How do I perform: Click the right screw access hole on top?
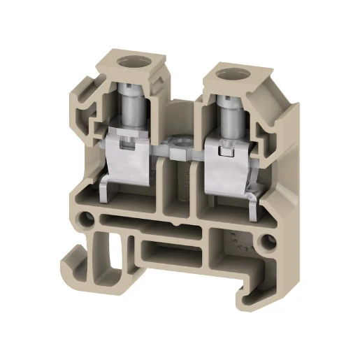pos(229,73)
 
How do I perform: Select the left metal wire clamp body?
pos(129,154)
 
